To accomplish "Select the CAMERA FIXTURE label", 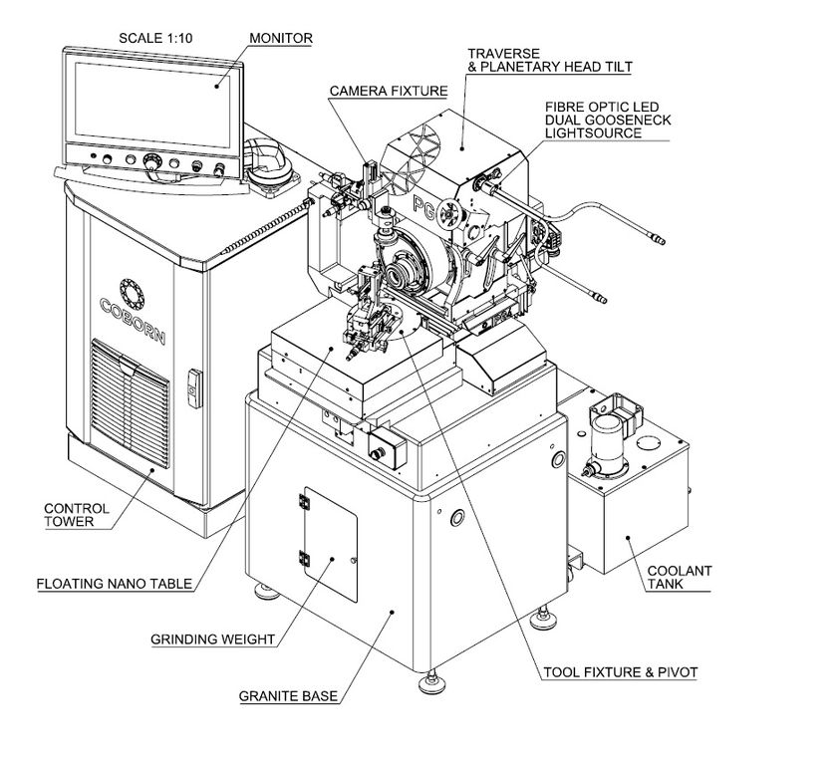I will point(389,91).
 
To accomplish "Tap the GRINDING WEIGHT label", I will point(212,638).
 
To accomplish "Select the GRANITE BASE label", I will point(288,696).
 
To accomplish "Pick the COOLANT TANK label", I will point(680,578).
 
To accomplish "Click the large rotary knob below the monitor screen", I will point(153,161).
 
